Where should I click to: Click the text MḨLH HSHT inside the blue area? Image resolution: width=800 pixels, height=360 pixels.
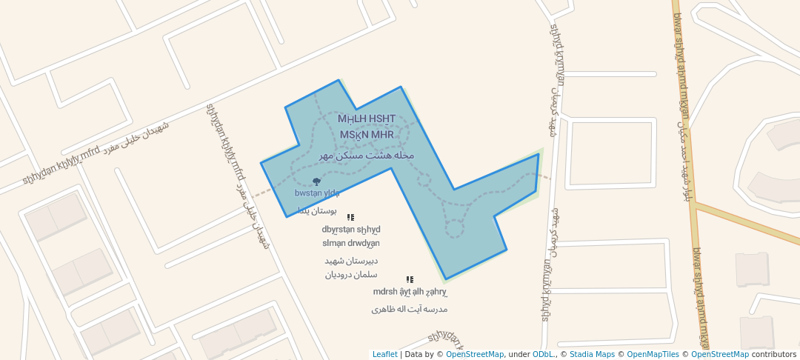click(x=366, y=119)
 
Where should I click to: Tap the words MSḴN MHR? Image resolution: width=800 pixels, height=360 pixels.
click(x=367, y=135)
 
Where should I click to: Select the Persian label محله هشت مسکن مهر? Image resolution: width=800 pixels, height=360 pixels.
click(x=366, y=156)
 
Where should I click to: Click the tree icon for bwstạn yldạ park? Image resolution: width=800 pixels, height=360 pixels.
click(x=317, y=181)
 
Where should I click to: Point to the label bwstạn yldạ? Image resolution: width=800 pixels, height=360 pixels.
click(x=317, y=193)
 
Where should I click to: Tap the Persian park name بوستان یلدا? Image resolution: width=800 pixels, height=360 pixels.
click(x=317, y=211)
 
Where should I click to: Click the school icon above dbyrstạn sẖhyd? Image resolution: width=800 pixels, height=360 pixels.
click(x=350, y=218)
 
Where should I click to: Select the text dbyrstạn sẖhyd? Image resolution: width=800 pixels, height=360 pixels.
click(x=351, y=229)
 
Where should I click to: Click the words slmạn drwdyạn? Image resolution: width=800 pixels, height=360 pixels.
click(x=351, y=243)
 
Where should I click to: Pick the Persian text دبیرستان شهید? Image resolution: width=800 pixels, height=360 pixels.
click(x=352, y=261)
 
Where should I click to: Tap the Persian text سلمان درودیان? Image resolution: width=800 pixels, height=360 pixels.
click(x=352, y=275)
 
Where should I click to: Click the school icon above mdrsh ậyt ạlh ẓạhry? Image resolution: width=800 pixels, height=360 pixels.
click(x=410, y=280)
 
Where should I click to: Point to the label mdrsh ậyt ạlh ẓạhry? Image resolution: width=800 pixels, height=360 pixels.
click(x=410, y=292)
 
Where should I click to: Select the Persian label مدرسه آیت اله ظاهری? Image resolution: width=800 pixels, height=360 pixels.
click(x=410, y=309)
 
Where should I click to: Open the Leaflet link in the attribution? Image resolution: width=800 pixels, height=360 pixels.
click(x=384, y=354)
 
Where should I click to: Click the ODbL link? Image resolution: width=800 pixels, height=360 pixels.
click(x=544, y=354)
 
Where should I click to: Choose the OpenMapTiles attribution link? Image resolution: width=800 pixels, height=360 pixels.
click(x=653, y=354)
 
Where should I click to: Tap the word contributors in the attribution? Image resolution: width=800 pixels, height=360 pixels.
click(x=774, y=354)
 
